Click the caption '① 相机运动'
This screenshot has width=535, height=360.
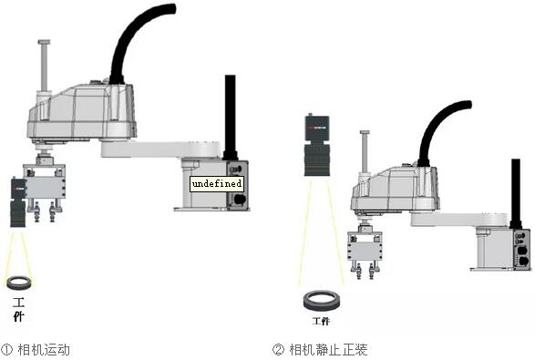[x=36, y=349]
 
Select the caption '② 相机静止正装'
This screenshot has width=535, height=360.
[x=319, y=349]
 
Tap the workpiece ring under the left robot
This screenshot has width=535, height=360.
[x=19, y=282]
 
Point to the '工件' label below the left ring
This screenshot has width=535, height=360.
[x=19, y=307]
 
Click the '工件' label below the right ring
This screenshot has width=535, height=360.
[x=320, y=321]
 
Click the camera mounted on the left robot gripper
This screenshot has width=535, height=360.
[x=17, y=202]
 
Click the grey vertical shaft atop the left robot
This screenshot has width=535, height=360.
[x=42, y=68]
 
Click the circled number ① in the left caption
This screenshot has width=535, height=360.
[x=6, y=349]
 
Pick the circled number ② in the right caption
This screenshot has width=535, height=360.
[x=278, y=349]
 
